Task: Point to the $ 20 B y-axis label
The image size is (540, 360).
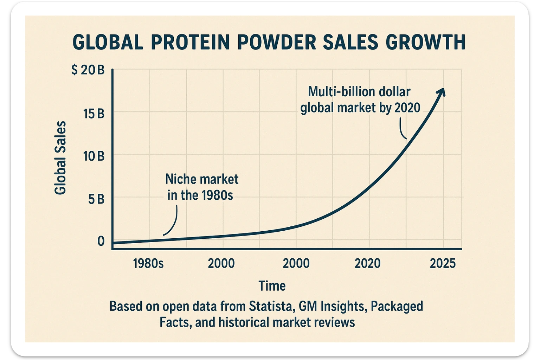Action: pos(88,70)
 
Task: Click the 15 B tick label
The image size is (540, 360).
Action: pos(94,114)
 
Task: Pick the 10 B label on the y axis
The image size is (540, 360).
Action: pos(94,156)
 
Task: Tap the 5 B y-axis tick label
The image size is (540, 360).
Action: pos(96,199)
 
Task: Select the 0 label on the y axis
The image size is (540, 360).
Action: pos(101,241)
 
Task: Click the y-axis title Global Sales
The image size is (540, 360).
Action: pos(60,157)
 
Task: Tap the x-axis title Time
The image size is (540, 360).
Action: pos(272,286)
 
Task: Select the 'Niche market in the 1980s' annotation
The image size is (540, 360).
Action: pos(201,187)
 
